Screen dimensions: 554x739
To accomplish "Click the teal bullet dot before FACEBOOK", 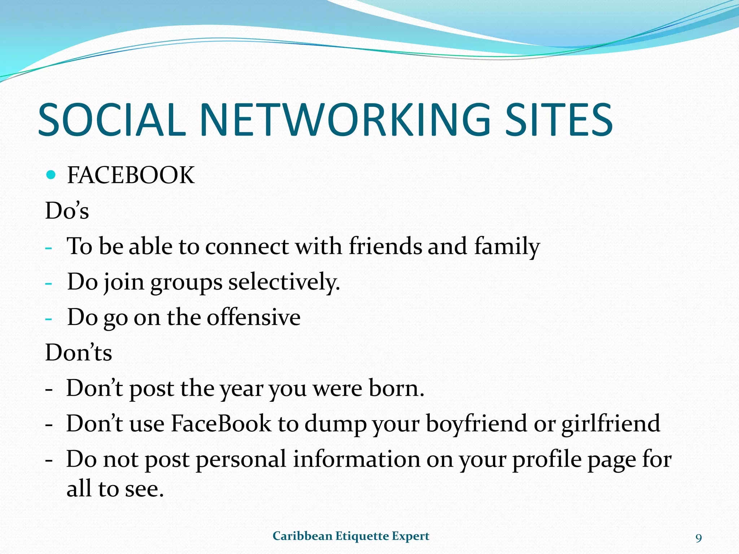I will [x=51, y=175].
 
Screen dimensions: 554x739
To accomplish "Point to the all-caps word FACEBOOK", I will [x=131, y=176].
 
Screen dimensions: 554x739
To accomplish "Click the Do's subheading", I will [x=67, y=211].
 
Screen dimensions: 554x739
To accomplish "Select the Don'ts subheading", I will [x=78, y=352].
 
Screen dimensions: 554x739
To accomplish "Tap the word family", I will [x=507, y=247].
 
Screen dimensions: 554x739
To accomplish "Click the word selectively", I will [x=284, y=282].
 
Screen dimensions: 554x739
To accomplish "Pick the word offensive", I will [x=254, y=317].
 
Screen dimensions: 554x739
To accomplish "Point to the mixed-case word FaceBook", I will [x=221, y=423].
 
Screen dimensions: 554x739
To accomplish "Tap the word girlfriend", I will [x=611, y=424].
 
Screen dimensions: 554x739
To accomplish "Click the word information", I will [x=357, y=460].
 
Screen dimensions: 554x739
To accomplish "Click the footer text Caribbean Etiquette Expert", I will [x=351, y=536].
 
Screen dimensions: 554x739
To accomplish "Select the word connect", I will [x=247, y=247].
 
